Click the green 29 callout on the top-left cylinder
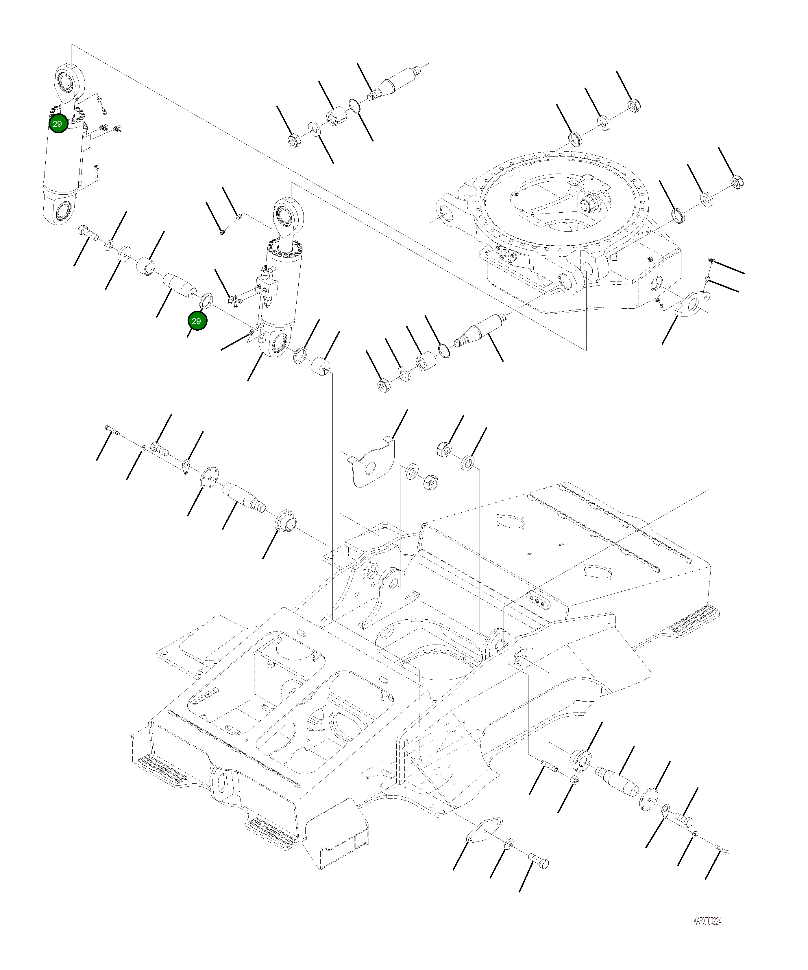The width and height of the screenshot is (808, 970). (x=58, y=124)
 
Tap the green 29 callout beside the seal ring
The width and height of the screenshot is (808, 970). (x=197, y=321)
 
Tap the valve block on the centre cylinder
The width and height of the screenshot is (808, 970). (x=267, y=286)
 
